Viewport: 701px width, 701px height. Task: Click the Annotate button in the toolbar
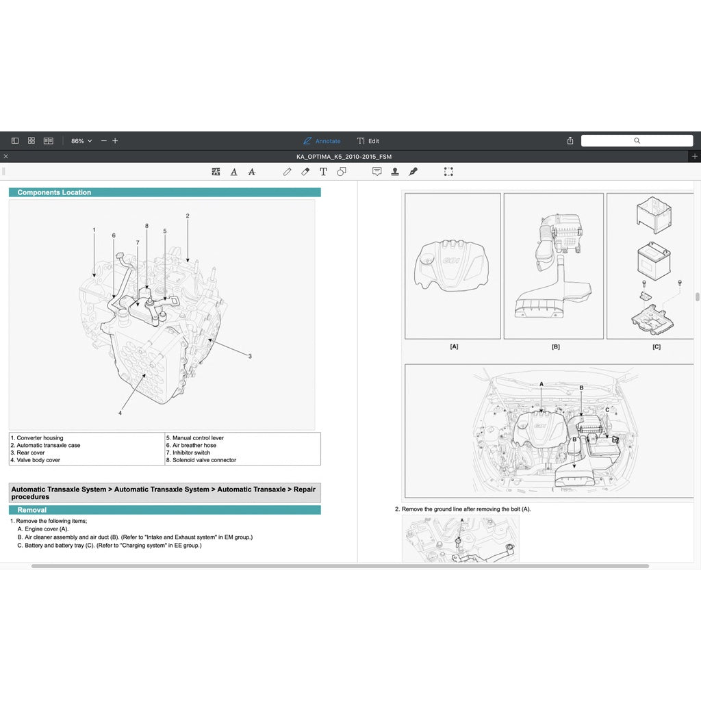tap(322, 141)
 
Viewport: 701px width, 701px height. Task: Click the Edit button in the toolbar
tap(368, 141)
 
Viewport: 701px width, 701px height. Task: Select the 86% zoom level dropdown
tap(81, 141)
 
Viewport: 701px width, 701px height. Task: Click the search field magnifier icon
tap(637, 140)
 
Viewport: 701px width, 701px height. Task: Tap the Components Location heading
tap(54, 192)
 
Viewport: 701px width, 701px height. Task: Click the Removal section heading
tap(32, 510)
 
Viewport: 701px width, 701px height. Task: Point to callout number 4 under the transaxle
tap(120, 413)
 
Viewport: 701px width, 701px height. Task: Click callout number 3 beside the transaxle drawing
tap(250, 356)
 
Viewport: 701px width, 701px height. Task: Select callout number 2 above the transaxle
tap(188, 216)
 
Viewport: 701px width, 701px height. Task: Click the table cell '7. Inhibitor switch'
tap(192, 453)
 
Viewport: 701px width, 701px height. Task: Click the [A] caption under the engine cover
tap(454, 346)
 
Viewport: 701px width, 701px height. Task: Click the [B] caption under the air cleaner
tap(555, 346)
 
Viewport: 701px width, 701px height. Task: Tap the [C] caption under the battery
tap(656, 346)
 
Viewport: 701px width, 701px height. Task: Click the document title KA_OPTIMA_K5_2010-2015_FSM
tap(344, 156)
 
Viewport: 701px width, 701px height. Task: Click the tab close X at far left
tap(5, 156)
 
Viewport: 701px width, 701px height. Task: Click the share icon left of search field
tap(570, 140)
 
